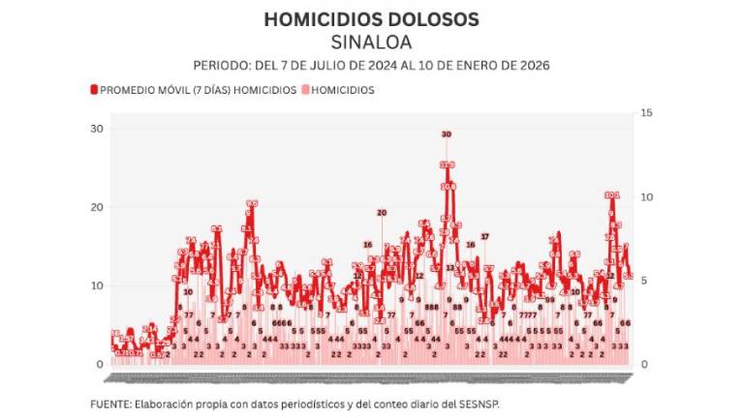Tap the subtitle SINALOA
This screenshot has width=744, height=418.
(371, 42)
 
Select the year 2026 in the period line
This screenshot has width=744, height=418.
(534, 66)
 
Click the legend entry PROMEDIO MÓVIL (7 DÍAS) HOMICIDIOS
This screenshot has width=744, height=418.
(198, 90)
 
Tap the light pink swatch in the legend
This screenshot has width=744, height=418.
(306, 90)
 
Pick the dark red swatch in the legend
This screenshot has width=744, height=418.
(94, 90)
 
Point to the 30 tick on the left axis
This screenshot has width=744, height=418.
(96, 129)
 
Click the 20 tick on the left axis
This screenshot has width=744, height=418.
(96, 207)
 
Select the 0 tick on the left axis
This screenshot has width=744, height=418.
(100, 364)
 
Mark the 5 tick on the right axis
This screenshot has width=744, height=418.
(645, 281)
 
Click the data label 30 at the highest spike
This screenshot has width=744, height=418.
(446, 134)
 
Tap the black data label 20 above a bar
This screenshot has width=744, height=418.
(382, 213)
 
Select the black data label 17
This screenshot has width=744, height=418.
(485, 237)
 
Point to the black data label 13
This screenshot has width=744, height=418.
(450, 268)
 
